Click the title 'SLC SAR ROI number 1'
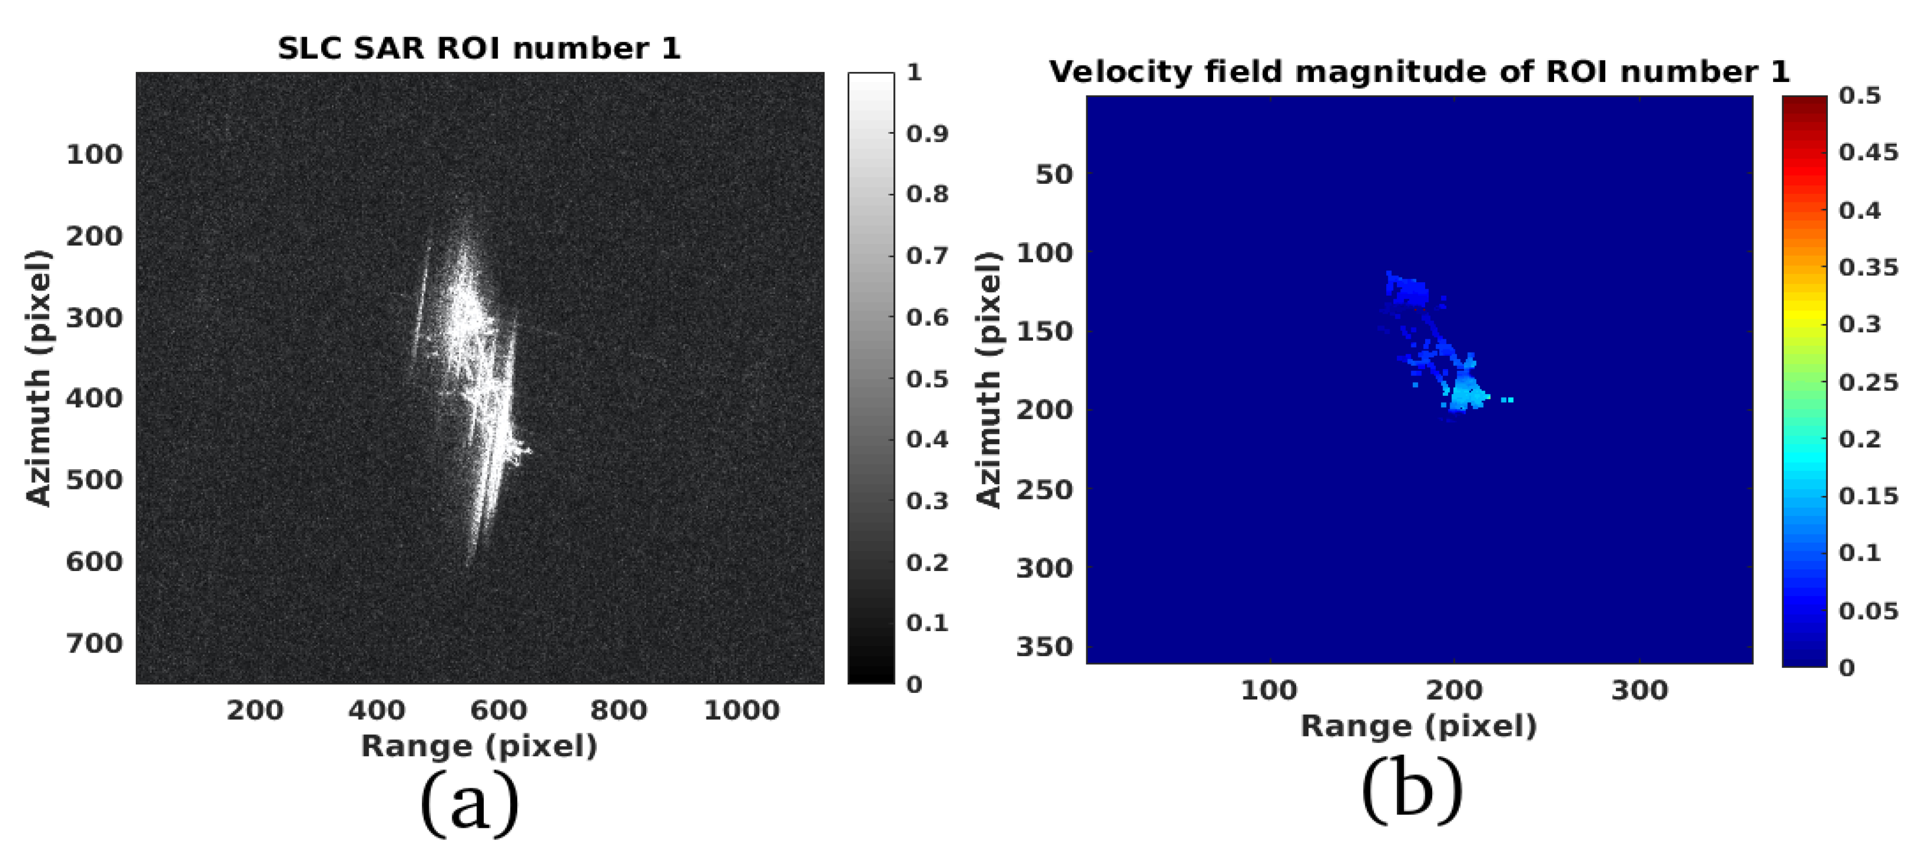click(479, 48)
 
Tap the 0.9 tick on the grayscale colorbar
click(927, 134)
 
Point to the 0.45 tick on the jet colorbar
click(1868, 152)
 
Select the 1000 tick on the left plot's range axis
click(741, 709)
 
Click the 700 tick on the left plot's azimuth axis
click(94, 643)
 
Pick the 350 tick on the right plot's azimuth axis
click(1044, 647)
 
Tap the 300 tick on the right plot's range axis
click(1639, 690)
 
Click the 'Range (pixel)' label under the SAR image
click(479, 746)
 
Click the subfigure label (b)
click(1411, 790)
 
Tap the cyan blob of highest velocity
click(1466, 392)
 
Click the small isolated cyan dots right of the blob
click(1507, 400)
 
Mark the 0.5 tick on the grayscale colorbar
click(927, 379)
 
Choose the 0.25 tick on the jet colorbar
click(1868, 383)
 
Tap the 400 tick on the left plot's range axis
click(376, 709)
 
